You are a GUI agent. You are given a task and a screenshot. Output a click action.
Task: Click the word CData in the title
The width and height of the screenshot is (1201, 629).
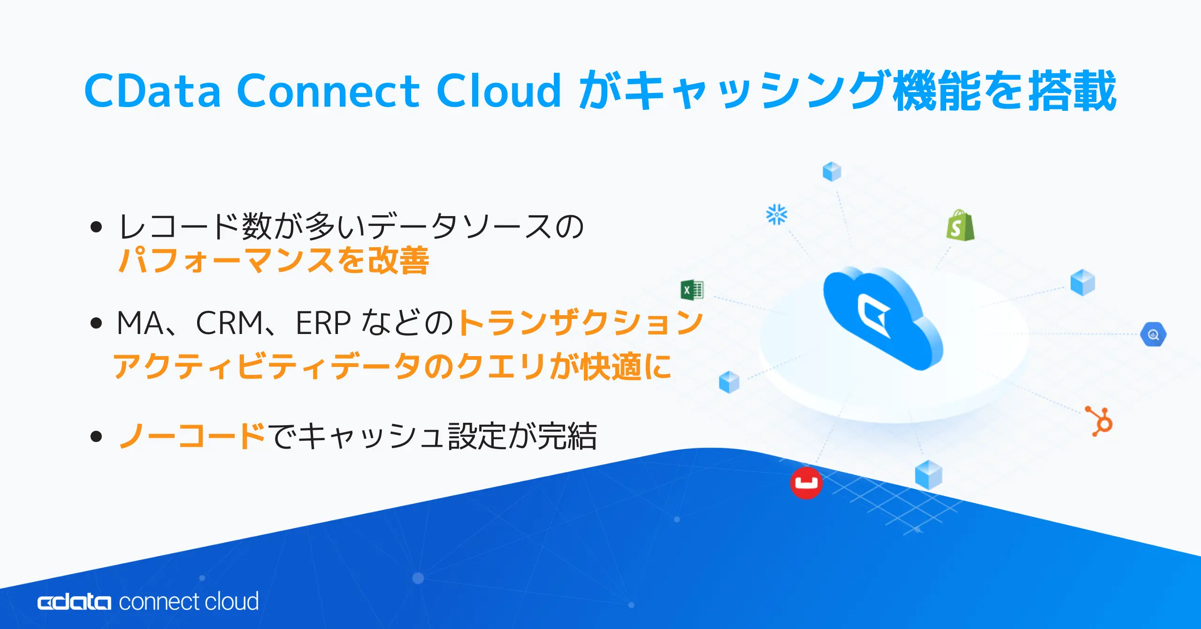(x=153, y=90)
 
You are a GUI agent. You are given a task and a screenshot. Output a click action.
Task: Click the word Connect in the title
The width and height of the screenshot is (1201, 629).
(x=328, y=90)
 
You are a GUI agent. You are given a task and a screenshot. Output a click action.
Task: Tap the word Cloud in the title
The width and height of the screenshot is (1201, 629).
(x=498, y=90)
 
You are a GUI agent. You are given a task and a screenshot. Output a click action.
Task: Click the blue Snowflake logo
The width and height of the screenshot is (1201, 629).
(x=777, y=214)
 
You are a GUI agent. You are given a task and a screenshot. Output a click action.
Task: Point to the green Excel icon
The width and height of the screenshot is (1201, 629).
(x=692, y=290)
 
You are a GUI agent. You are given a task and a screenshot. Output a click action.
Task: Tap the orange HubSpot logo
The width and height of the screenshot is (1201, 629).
(x=1099, y=421)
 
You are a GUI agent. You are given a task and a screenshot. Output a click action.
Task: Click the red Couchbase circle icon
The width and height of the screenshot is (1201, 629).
(x=806, y=482)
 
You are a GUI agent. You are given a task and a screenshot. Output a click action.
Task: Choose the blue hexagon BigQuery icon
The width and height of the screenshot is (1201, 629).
(x=1153, y=334)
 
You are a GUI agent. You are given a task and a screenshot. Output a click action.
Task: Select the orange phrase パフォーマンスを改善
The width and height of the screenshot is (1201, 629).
(x=273, y=260)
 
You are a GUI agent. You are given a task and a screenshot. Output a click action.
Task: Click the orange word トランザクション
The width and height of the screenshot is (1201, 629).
(x=581, y=323)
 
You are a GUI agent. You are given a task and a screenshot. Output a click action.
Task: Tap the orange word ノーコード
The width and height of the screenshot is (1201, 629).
(x=192, y=435)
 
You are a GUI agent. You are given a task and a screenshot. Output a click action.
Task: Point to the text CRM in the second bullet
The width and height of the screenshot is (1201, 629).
(x=230, y=323)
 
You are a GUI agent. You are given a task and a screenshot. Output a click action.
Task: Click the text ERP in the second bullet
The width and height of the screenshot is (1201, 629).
(x=323, y=323)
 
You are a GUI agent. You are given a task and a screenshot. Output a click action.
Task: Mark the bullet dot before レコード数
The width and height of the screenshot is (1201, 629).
(x=96, y=227)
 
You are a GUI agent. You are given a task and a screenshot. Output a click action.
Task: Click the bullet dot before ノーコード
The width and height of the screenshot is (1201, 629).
(x=96, y=436)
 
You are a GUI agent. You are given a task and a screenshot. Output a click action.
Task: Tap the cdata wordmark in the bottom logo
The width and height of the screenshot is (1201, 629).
(x=74, y=602)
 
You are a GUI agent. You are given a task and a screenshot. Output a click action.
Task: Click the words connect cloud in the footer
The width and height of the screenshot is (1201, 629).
(x=189, y=601)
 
